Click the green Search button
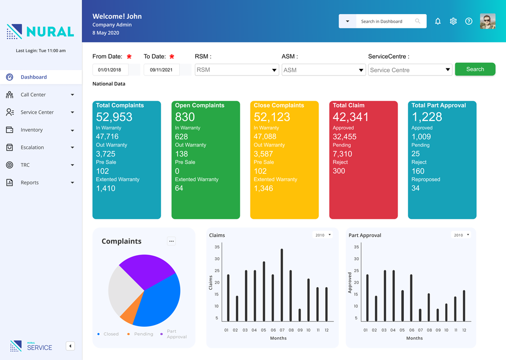(475, 69)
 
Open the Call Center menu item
(33, 95)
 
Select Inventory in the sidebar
(31, 130)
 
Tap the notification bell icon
(438, 21)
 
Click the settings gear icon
(453, 21)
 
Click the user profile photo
(487, 21)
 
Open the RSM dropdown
(236, 70)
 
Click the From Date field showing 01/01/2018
(110, 70)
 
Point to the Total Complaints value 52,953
(114, 117)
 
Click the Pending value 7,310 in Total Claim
(343, 154)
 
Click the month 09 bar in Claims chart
(300, 314)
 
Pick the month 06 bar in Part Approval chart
(411, 298)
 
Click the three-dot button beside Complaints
(172, 241)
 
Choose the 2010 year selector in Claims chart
(323, 235)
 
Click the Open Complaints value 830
(185, 117)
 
